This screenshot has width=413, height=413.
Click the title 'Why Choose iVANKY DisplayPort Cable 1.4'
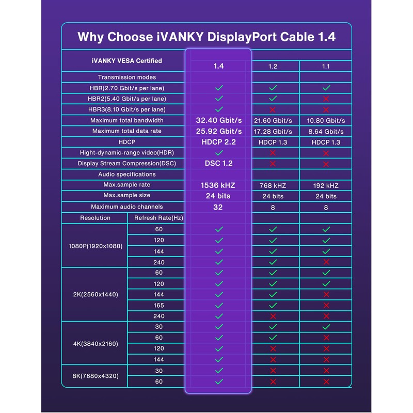[206, 37]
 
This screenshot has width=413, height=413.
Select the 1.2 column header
[273, 67]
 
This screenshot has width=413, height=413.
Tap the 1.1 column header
[326, 67]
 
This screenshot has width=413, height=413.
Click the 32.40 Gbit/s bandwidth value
[218, 120]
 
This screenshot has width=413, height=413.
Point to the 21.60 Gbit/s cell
[273, 121]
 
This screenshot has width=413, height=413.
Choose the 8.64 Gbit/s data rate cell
[326, 132]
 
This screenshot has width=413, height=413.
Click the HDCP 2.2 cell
[218, 142]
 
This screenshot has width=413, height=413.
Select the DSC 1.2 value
[218, 164]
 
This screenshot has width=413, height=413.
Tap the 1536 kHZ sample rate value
[218, 185]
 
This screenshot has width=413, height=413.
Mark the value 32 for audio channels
[218, 207]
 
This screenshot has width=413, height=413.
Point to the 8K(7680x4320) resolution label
[95, 376]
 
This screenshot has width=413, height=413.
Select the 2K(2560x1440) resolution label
[95, 294]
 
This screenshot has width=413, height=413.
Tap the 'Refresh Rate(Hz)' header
[158, 218]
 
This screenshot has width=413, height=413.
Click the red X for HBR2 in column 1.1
[326, 99]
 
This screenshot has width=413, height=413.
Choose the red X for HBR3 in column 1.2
[273, 109]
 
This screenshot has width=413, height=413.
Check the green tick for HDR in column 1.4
[218, 153]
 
